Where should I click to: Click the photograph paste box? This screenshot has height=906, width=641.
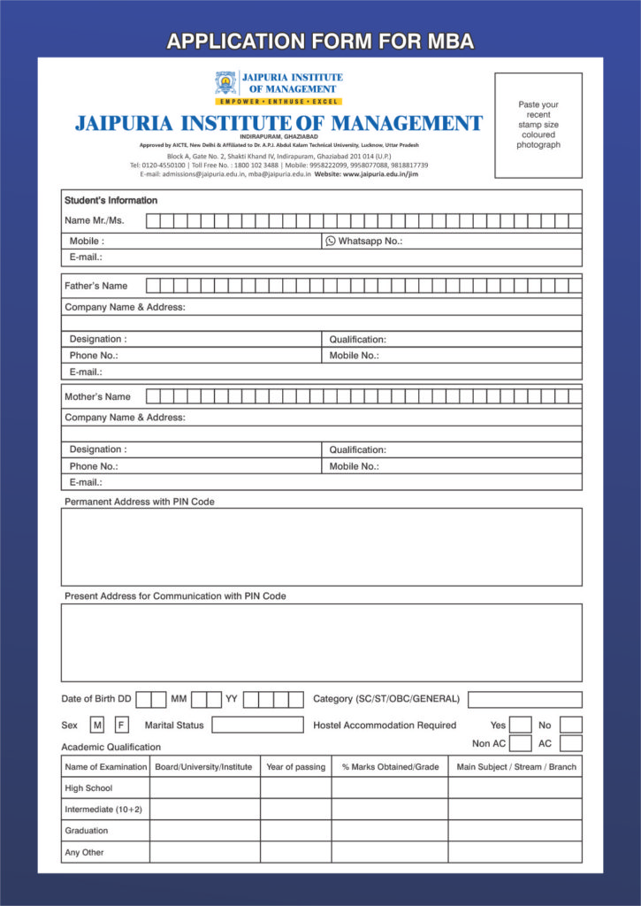538,125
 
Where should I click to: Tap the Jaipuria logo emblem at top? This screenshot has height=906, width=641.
225,83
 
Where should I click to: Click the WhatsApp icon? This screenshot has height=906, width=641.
331,241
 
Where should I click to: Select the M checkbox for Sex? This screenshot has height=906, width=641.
97,726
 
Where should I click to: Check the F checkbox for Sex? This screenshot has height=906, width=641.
121,726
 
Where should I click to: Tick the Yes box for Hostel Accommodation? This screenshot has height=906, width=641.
521,726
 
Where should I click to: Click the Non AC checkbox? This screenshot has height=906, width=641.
521,744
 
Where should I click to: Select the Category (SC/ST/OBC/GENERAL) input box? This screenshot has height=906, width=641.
524,700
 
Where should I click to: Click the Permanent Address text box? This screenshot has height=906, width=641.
321,547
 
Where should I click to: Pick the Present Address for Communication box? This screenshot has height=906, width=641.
321,642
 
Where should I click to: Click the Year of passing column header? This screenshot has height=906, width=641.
295,767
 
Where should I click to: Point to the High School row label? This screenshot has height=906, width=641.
88,788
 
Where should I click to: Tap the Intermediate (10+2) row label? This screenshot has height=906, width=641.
103,810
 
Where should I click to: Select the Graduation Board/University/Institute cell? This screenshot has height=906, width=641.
204,831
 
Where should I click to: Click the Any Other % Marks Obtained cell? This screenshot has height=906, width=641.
389,852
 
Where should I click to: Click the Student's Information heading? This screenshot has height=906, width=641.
111,201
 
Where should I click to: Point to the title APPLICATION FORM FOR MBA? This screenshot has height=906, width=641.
320,41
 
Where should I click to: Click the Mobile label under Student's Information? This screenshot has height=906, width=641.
87,241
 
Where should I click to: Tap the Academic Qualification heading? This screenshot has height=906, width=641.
111,747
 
